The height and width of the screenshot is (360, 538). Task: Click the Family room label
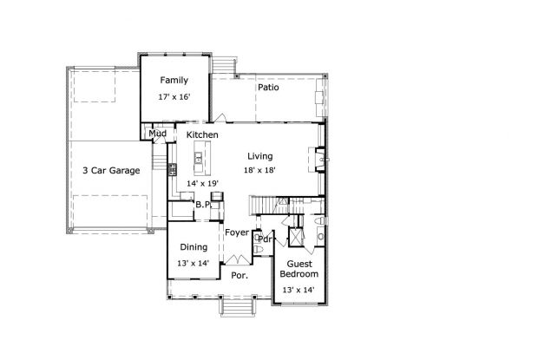click(174, 80)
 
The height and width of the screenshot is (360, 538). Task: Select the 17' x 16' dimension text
click(174, 97)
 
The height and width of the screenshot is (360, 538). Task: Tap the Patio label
click(268, 88)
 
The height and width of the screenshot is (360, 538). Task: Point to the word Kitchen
click(202, 134)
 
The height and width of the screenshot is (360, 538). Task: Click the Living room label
click(260, 156)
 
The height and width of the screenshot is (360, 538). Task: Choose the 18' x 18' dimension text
click(259, 170)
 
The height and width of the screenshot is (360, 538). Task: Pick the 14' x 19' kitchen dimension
click(202, 184)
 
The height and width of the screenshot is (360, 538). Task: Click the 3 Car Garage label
click(111, 170)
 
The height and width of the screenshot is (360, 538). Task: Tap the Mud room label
click(157, 134)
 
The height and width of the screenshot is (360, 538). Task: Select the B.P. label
click(203, 205)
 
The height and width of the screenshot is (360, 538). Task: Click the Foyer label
click(237, 232)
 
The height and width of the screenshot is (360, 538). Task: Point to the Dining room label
click(194, 247)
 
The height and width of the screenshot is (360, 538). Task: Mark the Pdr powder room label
click(266, 239)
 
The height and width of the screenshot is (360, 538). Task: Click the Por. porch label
click(239, 275)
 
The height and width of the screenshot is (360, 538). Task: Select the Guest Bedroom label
click(299, 269)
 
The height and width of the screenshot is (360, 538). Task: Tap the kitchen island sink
click(199, 159)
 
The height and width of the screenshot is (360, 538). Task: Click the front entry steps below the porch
click(237, 306)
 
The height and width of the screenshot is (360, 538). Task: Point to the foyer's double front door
click(238, 259)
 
